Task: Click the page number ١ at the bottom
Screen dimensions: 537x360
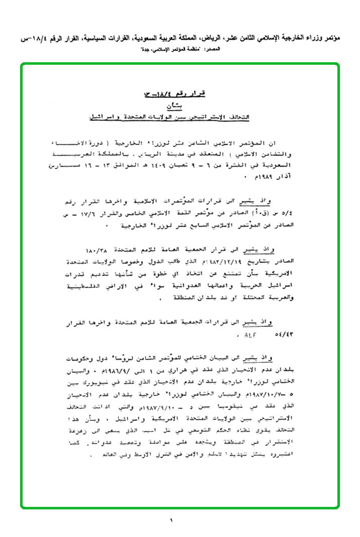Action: (171, 520)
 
